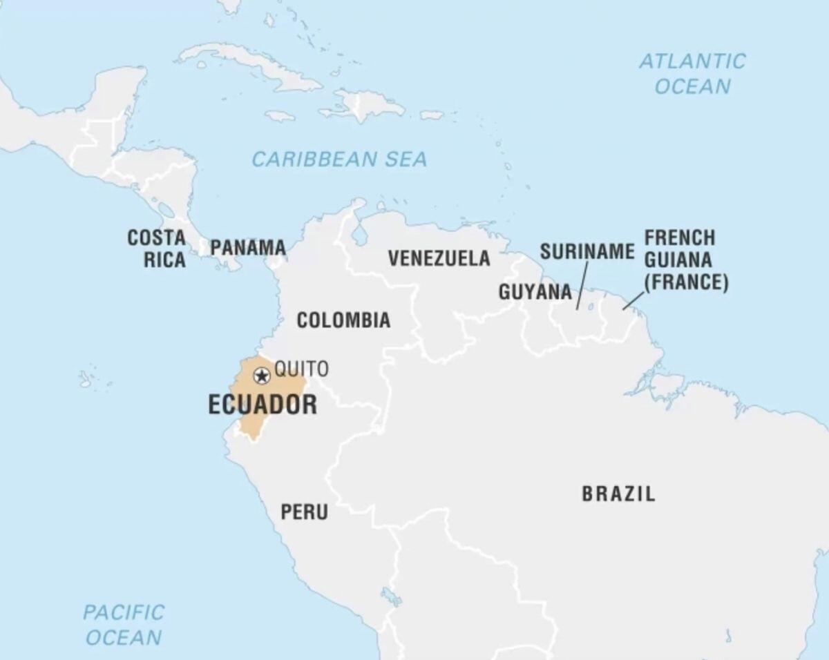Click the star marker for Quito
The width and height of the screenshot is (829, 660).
261,376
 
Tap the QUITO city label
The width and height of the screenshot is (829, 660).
301,369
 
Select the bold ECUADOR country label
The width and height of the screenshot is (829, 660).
263,405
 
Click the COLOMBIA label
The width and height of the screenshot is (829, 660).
343,320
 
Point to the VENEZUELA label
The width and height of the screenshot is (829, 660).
439,258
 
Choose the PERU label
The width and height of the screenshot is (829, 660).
304,512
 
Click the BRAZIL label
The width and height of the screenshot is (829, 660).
618,494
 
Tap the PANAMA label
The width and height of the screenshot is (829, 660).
248,247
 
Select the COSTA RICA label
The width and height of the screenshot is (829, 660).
156,249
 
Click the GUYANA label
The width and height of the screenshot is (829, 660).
535,292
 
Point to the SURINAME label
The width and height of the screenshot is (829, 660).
587,252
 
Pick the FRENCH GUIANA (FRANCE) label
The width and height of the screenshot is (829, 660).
686,260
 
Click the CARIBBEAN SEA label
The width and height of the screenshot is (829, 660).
339,159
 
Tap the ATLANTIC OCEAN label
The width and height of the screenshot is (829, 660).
692,73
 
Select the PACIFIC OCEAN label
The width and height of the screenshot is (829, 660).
124,624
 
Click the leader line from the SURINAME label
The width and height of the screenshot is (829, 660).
582,286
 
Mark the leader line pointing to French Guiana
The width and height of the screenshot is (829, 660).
633,300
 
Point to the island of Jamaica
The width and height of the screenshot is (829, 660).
280,116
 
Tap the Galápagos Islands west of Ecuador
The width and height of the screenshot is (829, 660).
86,379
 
